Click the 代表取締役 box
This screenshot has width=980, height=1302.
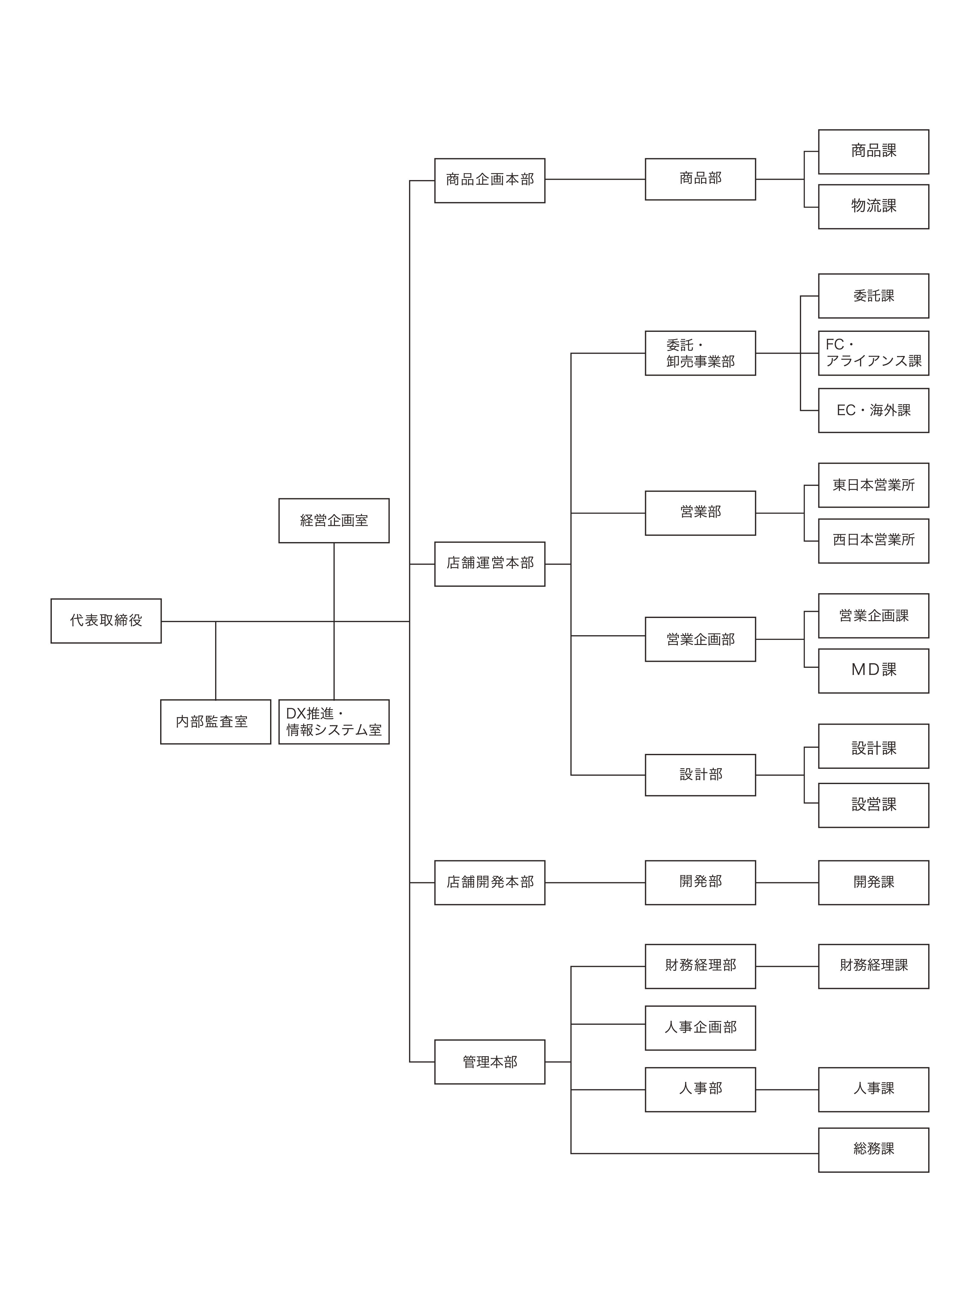point(106,621)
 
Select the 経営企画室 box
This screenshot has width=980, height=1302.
point(334,521)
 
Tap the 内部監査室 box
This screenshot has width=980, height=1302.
point(215,721)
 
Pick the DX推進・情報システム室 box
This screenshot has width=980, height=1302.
point(334,721)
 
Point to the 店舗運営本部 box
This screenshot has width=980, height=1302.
point(490,564)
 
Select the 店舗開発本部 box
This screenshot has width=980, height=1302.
point(490,882)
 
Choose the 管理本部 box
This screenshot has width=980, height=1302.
point(490,1062)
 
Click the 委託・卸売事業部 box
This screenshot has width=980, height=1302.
point(700,353)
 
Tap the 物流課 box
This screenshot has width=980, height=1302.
point(874,207)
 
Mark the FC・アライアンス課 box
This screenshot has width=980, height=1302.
point(874,353)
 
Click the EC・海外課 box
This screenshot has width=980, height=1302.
point(874,410)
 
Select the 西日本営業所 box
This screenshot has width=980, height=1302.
point(874,541)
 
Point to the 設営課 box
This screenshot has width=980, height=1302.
point(874,805)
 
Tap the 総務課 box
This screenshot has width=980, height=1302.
point(874,1150)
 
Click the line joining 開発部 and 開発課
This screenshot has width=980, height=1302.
point(787,882)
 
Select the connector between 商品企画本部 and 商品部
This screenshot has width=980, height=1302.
point(595,179)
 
